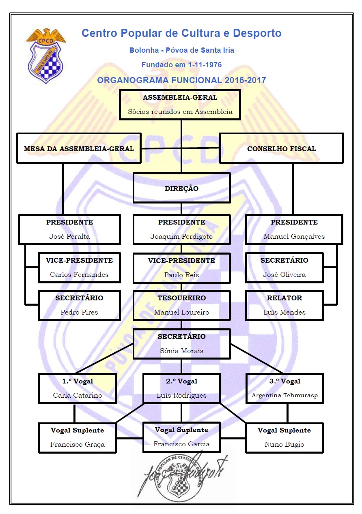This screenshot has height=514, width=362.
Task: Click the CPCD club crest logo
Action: point(46,56)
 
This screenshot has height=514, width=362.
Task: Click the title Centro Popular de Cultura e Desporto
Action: point(181,33)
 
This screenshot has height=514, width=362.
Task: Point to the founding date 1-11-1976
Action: point(205,65)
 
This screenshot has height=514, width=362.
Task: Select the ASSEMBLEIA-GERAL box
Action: point(180,105)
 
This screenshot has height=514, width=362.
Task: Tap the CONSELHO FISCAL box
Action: point(281,148)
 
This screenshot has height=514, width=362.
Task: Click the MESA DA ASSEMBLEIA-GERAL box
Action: point(79,148)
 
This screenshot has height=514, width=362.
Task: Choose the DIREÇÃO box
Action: point(181,188)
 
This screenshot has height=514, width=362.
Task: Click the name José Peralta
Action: point(69,236)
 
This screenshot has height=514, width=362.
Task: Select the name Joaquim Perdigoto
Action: point(181,236)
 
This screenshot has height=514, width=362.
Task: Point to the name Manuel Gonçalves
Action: point(294,236)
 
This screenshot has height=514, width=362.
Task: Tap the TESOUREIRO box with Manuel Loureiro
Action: point(181,305)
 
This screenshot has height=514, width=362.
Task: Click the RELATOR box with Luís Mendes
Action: point(284,305)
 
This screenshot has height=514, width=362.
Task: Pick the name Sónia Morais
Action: point(181,351)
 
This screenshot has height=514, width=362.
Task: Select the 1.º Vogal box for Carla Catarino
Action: point(78,388)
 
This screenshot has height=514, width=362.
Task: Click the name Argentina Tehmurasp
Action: point(284,395)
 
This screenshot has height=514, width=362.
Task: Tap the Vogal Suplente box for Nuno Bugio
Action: point(284,437)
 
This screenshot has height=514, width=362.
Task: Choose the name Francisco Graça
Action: point(78,444)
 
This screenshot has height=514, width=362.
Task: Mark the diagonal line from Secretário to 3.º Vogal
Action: point(256,358)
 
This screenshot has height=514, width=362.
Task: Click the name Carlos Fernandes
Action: point(79,274)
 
